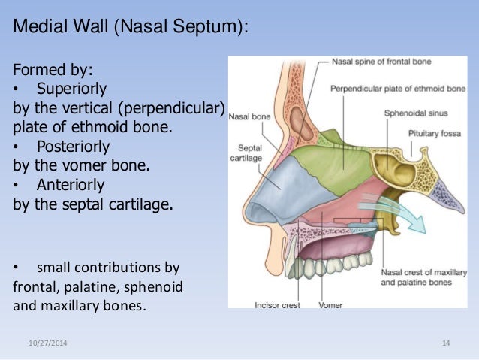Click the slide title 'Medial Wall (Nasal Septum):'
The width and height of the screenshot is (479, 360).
(131, 29)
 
